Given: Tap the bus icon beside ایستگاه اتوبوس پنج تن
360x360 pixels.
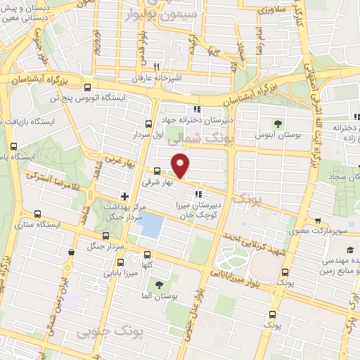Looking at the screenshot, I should (x=87, y=88).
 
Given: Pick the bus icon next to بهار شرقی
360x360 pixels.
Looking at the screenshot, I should (x=156, y=170).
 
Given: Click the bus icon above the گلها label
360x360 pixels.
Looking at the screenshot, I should (x=146, y=255).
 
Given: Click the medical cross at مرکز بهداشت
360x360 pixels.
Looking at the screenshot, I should (x=124, y=196).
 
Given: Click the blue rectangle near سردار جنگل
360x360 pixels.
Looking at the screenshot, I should (x=153, y=226).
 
